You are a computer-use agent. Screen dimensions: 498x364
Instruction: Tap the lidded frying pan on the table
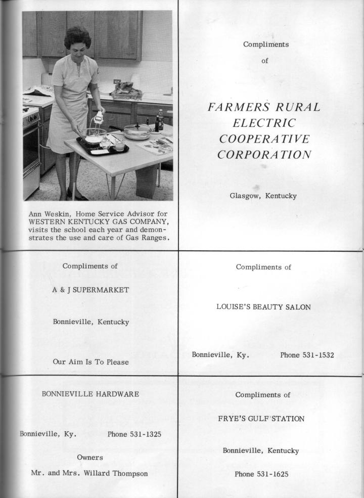[x=136, y=131]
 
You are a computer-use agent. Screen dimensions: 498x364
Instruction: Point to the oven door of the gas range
[x=32, y=152]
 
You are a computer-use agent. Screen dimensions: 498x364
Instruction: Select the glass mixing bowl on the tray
[x=95, y=135]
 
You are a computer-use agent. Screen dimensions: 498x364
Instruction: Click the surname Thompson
[x=129, y=473]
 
